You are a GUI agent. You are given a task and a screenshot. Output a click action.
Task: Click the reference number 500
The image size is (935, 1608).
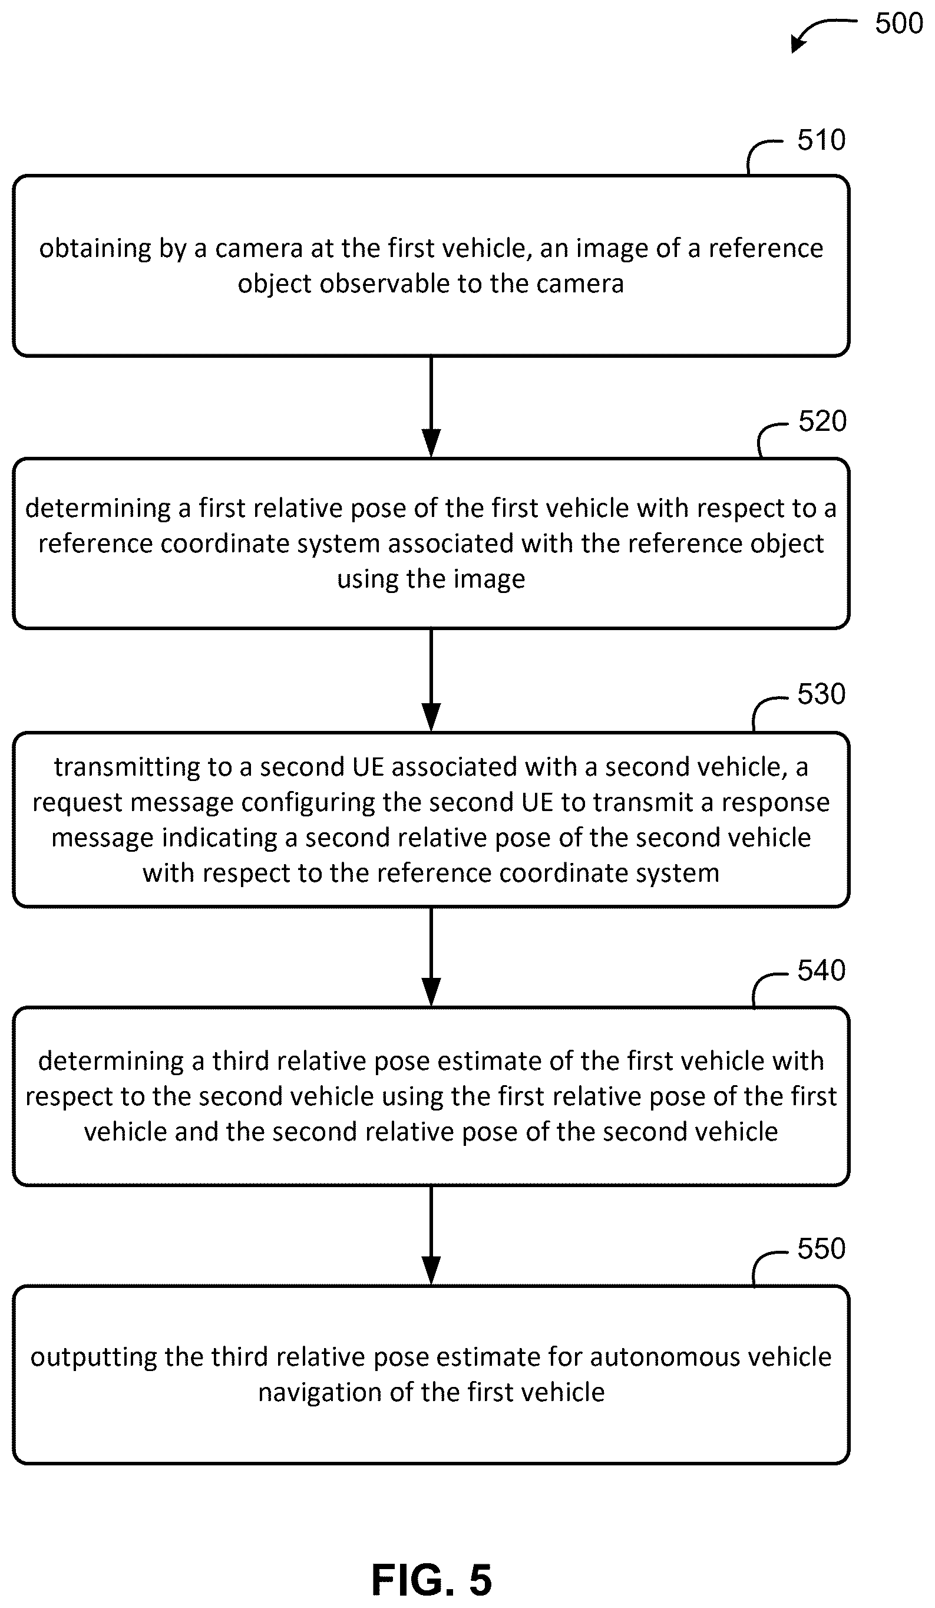[898, 24]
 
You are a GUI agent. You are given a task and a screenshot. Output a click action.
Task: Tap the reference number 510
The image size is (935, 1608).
[821, 140]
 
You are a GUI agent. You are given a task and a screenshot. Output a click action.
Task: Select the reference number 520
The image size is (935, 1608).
[822, 421]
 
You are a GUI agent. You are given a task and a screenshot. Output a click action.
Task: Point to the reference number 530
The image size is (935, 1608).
[821, 694]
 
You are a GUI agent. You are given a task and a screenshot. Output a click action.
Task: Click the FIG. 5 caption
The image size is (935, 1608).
[431, 1579]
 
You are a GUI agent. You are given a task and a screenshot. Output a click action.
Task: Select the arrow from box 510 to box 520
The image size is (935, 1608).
[431, 407]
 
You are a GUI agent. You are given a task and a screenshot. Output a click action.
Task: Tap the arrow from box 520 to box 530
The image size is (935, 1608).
[431, 680]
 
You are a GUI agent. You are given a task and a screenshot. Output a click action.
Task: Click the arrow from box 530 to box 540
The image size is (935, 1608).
[431, 957]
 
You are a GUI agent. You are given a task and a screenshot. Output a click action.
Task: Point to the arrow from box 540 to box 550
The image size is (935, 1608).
[431, 1235]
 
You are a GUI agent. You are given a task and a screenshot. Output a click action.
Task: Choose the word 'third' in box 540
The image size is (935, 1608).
[240, 1060]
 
